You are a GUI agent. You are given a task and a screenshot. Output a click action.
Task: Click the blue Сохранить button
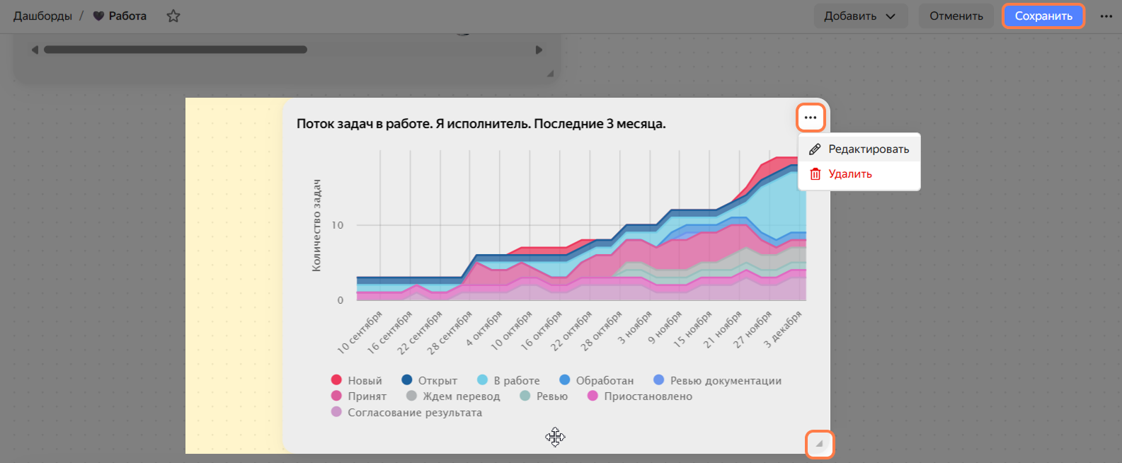[x=1043, y=16]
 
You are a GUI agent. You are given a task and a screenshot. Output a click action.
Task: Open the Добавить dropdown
[x=860, y=16]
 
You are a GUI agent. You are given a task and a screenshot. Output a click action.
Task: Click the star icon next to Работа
[x=173, y=16]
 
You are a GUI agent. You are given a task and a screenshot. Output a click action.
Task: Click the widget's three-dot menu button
[x=811, y=118]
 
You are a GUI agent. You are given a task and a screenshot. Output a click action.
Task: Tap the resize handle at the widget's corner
[x=820, y=443]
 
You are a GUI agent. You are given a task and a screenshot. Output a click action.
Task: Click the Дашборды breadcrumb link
[x=42, y=16]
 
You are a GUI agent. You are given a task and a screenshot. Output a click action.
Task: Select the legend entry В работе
[x=508, y=380]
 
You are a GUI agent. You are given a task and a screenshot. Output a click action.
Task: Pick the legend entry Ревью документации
[x=717, y=380]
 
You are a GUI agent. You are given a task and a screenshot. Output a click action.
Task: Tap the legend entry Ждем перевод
[x=453, y=396]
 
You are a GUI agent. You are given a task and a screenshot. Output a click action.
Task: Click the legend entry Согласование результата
[x=406, y=413]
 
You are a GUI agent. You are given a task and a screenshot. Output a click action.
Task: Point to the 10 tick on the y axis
[x=337, y=226]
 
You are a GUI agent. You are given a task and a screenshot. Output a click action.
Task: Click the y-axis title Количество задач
[x=316, y=226]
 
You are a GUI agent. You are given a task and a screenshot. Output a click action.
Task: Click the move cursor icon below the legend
[x=555, y=438]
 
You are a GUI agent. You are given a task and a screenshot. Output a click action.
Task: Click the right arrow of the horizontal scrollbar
[x=539, y=50]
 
